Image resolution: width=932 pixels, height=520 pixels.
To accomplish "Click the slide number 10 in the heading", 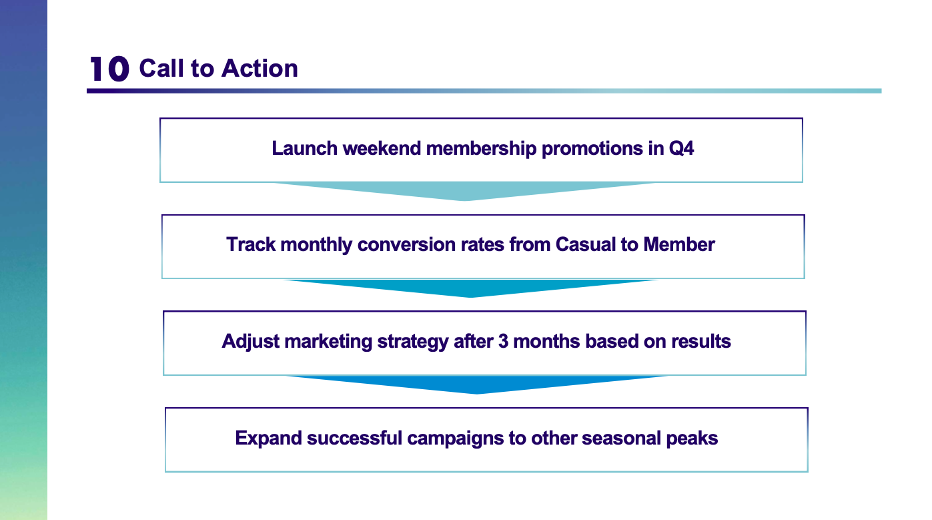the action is pos(109,69).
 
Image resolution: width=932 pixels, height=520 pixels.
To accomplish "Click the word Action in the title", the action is pos(260,68).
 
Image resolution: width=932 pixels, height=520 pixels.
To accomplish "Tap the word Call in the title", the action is pos(162,68).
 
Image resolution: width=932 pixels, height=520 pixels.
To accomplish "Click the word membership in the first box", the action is pos(481,149).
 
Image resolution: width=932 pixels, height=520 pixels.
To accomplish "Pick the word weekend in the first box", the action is pos(382,149).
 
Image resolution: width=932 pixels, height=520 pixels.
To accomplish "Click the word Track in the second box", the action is pos(251,245).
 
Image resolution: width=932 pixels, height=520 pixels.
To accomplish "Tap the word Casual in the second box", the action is pos(586,245).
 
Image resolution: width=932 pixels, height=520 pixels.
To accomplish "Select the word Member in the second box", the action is pos(679,245).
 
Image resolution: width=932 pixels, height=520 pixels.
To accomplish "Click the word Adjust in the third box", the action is pos(250,342).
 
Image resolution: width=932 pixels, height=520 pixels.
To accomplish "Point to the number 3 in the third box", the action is pos(503,342).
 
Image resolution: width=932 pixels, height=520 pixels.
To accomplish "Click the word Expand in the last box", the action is pos(268,439).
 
